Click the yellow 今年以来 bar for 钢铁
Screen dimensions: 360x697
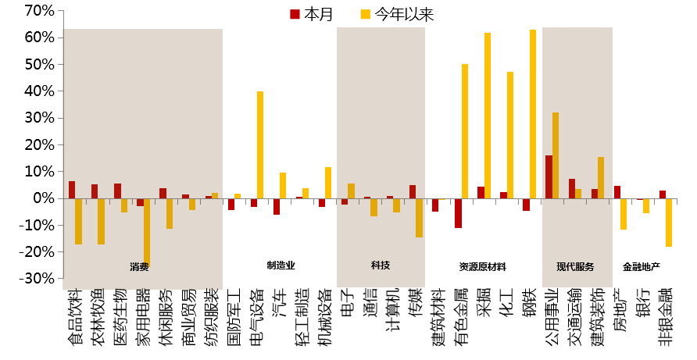(533, 114)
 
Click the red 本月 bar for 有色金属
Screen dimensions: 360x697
(458, 212)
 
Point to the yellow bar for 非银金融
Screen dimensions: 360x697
(669, 223)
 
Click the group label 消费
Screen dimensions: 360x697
(140, 266)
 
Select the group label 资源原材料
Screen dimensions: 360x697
(483, 266)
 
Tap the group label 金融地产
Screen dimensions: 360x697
(642, 266)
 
